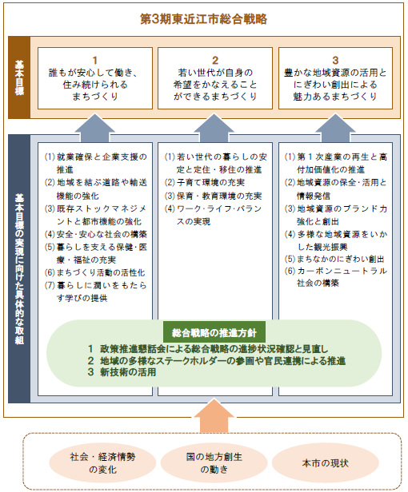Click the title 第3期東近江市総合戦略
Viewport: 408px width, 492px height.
pyautogui.click(x=204, y=19)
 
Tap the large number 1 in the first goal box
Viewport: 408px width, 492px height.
pyautogui.click(x=95, y=60)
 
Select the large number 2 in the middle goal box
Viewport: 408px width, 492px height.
pyautogui.click(x=215, y=60)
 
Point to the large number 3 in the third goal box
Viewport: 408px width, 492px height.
pyautogui.click(x=335, y=60)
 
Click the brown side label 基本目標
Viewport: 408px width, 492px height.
pyautogui.click(x=19, y=77)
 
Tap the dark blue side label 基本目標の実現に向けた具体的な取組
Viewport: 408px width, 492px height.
pyautogui.click(x=19, y=269)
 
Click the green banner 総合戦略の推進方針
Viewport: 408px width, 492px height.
pyautogui.click(x=214, y=332)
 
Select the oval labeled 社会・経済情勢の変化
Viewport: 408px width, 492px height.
pyautogui.click(x=102, y=462)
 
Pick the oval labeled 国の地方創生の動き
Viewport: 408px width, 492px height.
pyautogui.click(x=214, y=462)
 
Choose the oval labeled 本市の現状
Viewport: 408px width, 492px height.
pyautogui.click(x=326, y=462)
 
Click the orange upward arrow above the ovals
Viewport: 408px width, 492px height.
pyautogui.click(x=214, y=416)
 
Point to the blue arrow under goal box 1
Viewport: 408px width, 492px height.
pyautogui.click(x=95, y=128)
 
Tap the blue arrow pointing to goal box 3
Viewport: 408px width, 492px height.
pyautogui.click(x=335, y=128)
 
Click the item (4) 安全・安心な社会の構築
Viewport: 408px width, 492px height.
pyautogui.click(x=95, y=234)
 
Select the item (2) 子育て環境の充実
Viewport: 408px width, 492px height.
pyautogui.click(x=205, y=183)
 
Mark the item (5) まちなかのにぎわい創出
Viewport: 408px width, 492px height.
pyautogui.click(x=334, y=259)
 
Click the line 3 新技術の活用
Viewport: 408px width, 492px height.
pyautogui.click(x=122, y=372)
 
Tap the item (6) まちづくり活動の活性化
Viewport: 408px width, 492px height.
pyautogui.click(x=94, y=272)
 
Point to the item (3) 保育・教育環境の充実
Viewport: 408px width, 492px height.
pyautogui.click(x=213, y=196)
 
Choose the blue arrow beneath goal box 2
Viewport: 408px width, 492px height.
pyautogui.click(x=214, y=128)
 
